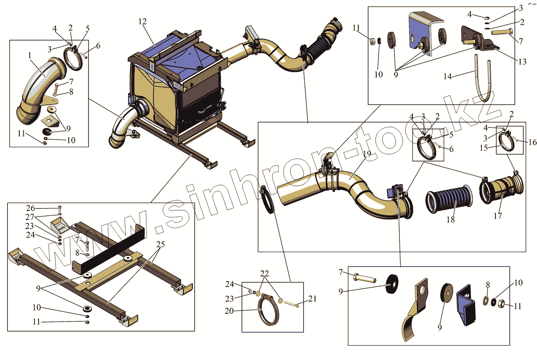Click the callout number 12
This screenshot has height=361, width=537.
[142, 21]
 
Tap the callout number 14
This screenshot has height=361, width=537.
[447, 76]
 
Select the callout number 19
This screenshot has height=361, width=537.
[367, 154]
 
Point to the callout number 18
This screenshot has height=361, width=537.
[450, 220]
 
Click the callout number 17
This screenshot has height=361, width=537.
[498, 216]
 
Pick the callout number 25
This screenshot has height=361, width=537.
[160, 244]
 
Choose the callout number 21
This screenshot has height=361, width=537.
[313, 299]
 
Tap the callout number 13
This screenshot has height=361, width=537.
[522, 62]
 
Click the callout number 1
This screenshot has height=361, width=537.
[30, 55]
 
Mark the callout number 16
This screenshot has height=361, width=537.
[532, 142]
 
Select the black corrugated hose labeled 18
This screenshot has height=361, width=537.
[449, 200]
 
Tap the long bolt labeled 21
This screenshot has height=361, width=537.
[291, 304]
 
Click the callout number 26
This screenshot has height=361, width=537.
[30, 208]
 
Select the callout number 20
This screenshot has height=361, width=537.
[229, 311]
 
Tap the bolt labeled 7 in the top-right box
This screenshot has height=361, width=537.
[501, 32]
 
